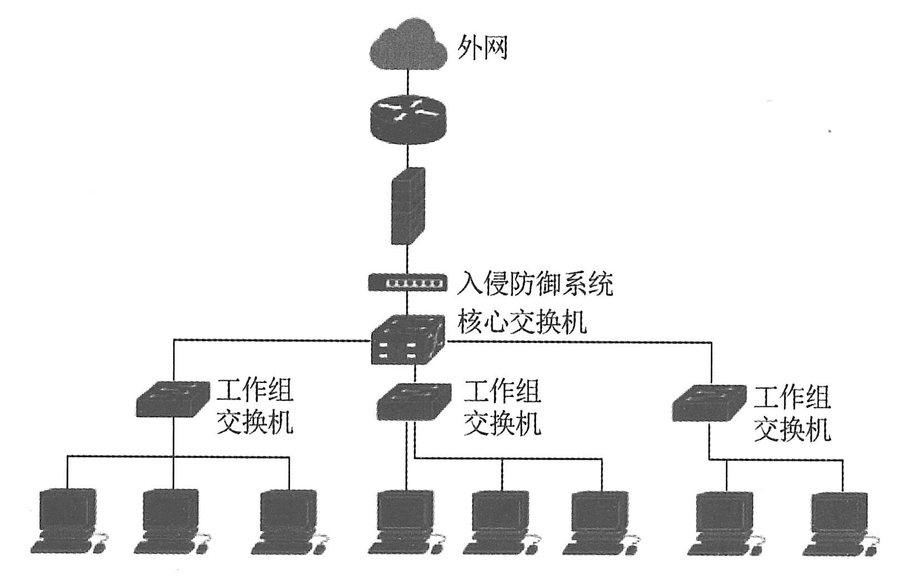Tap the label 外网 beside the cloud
[482, 48]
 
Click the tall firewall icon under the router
[408, 206]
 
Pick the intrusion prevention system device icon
[407, 282]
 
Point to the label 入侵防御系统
[535, 283]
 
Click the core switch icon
[408, 340]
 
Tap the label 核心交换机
[522, 321]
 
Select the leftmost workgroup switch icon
[173, 399]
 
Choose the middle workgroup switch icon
[414, 401]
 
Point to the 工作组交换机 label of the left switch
[255, 407]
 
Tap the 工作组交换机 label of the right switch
[792, 414]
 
